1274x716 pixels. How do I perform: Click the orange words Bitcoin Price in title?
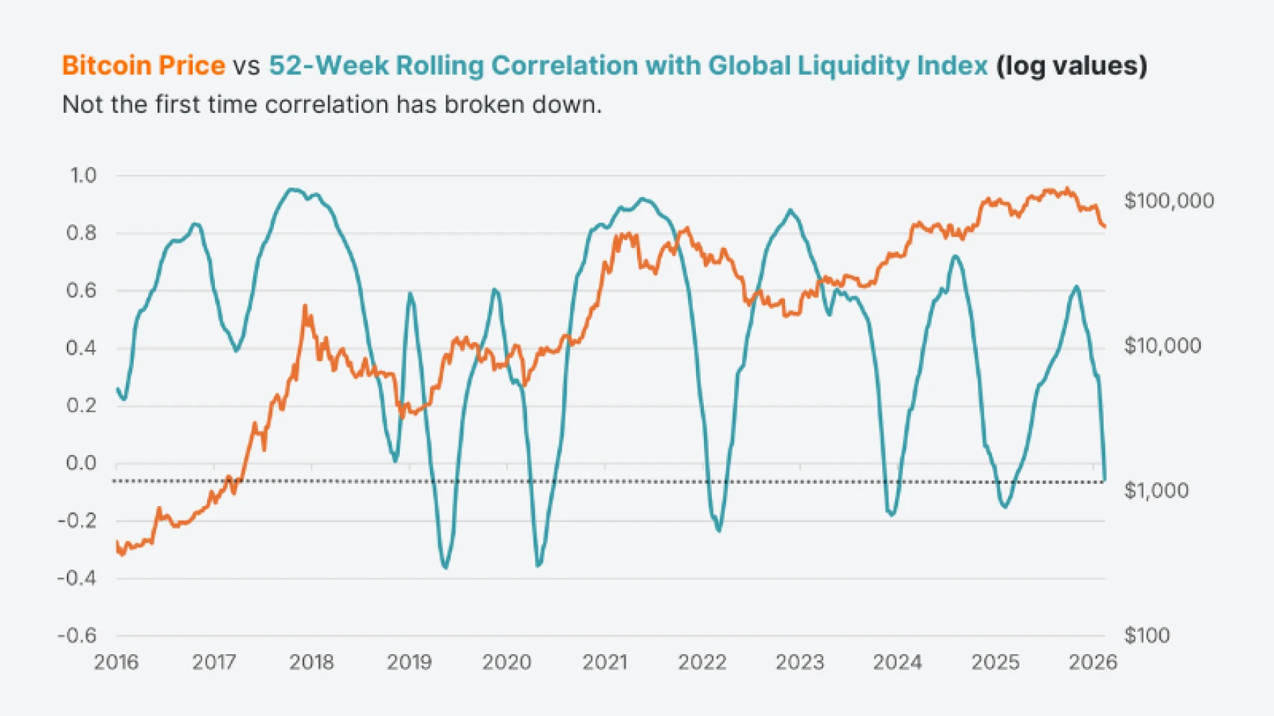tap(143, 65)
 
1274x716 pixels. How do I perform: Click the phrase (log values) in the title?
tap(1071, 65)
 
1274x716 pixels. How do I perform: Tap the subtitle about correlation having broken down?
tap(331, 105)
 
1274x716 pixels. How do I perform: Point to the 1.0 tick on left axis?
tap(83, 175)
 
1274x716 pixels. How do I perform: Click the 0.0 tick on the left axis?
tap(81, 463)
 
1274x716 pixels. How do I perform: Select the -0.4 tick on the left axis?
tap(77, 578)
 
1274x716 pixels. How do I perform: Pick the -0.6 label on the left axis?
tap(77, 635)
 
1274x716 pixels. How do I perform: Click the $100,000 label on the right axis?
tap(1169, 201)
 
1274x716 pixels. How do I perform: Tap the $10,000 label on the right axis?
tap(1163, 346)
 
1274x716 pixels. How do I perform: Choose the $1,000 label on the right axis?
tap(1156, 490)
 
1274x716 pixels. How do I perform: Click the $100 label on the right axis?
tap(1147, 635)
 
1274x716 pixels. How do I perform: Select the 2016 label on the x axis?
tap(116, 662)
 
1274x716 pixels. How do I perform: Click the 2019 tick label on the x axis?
tap(409, 662)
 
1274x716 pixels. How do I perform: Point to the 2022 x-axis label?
tap(702, 662)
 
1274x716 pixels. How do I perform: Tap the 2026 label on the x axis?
tap(1093, 662)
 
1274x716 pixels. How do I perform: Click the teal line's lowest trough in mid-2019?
tap(446, 568)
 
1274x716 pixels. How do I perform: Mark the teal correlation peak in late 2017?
tap(291, 190)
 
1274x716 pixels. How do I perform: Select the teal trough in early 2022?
tap(719, 531)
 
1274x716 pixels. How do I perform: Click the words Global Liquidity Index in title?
tap(848, 65)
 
